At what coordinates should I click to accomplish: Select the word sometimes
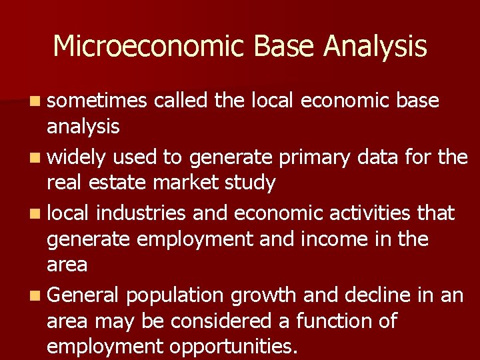pyautogui.click(x=96, y=101)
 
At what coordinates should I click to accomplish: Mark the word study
pyautogui.click(x=252, y=183)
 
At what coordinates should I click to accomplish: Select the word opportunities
pyautogui.click(x=233, y=347)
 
